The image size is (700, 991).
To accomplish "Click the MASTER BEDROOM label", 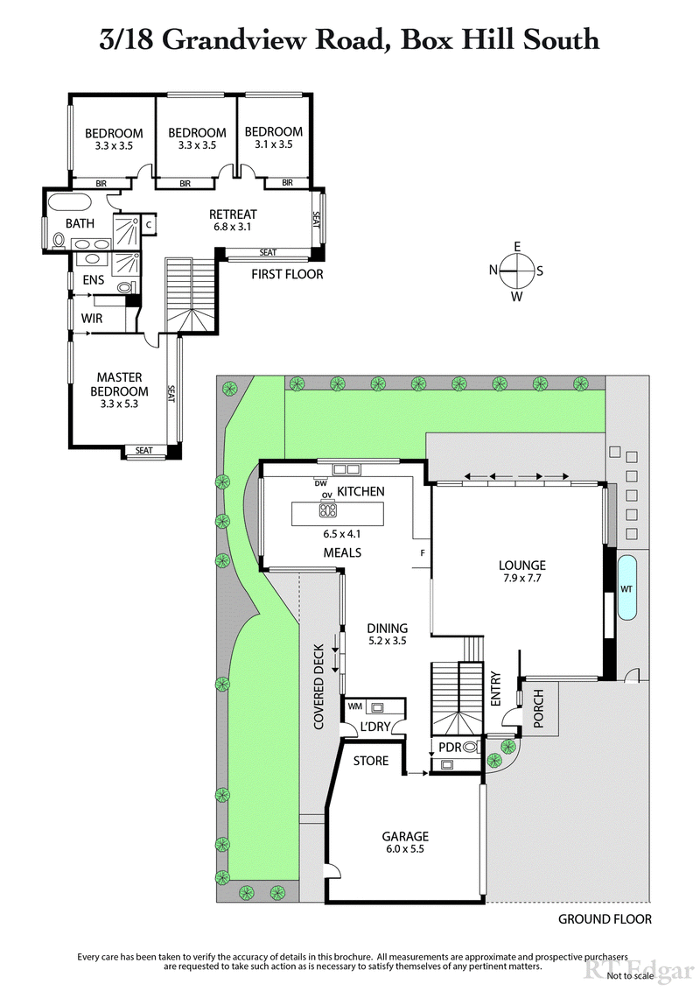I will point(120,384).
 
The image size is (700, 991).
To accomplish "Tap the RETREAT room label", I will point(233,214).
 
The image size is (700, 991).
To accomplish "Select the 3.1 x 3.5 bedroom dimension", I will point(273,145).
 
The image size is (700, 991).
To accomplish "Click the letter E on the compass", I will point(517,246).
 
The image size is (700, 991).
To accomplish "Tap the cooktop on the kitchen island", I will point(328,510).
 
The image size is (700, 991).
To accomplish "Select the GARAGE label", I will point(404,836).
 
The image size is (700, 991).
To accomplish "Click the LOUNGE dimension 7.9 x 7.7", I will point(524,579).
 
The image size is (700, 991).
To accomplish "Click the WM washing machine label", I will point(356,705).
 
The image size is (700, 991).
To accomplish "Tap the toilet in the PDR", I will point(471,747).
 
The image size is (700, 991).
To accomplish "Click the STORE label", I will point(371,761).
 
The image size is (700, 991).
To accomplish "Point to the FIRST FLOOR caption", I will point(287,274).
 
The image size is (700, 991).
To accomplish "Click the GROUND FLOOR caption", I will point(605,919).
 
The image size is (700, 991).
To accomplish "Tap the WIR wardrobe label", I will point(93,319).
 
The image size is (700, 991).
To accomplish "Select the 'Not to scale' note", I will point(629,975).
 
